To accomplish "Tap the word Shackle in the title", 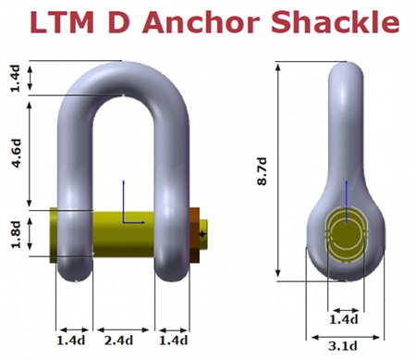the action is click(x=336, y=21).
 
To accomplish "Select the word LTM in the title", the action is click(x=62, y=22).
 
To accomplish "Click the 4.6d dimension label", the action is click(x=17, y=154).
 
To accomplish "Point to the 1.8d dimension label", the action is click(x=16, y=234).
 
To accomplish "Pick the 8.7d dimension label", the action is click(x=262, y=171).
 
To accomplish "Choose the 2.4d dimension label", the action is click(x=119, y=341).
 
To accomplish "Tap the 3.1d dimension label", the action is click(x=343, y=346).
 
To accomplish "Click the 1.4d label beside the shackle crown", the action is click(x=16, y=79).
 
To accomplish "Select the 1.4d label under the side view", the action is click(x=344, y=319).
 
